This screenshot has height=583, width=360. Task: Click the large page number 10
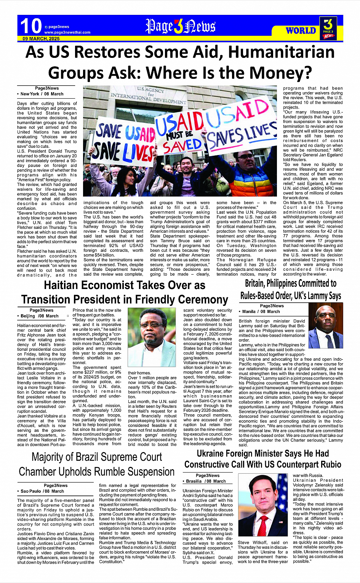click(x=30, y=26)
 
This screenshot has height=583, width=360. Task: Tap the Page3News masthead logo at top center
click(x=180, y=26)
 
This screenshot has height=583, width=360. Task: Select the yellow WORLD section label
click(x=301, y=30)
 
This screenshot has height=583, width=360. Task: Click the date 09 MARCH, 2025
click(x=41, y=39)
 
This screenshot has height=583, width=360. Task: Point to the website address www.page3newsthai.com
click(x=67, y=32)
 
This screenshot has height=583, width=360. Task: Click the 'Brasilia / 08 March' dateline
click(x=206, y=481)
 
